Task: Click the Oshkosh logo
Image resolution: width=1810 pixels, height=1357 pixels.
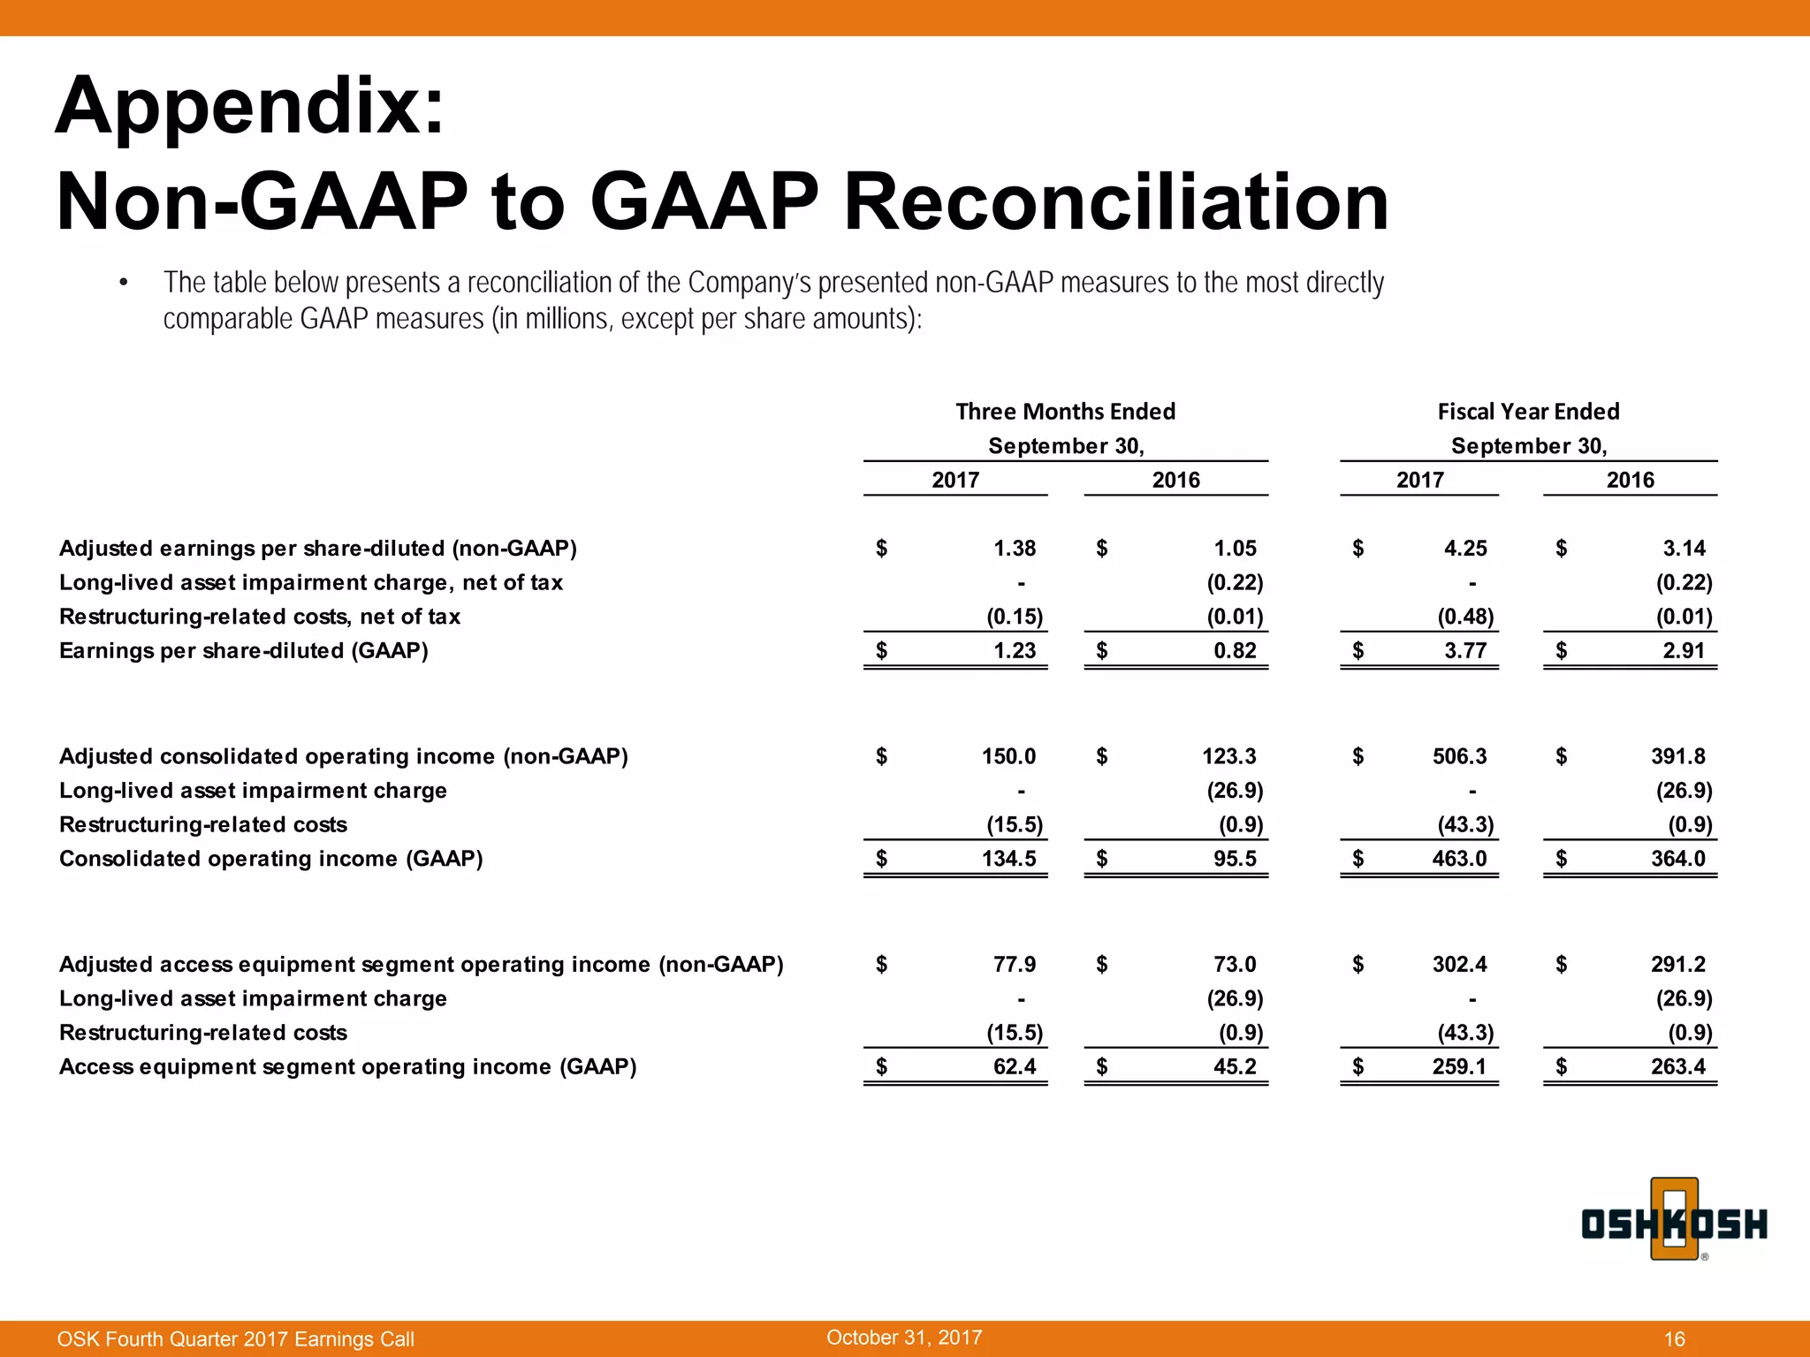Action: (1673, 1223)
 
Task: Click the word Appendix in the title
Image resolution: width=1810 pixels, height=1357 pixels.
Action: (250, 106)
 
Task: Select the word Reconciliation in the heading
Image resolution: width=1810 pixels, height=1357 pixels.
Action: (1116, 202)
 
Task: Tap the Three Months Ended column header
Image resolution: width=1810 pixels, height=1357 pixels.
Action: (1065, 412)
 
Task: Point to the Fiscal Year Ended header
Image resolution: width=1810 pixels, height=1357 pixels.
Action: (1528, 412)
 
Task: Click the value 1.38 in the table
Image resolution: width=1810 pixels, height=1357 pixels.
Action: (1014, 549)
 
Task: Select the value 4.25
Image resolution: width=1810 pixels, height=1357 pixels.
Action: (1464, 549)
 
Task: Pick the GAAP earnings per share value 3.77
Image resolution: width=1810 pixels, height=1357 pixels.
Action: (1464, 651)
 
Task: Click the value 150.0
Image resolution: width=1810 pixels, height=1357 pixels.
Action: (1008, 756)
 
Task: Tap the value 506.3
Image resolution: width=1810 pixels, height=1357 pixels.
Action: (1459, 756)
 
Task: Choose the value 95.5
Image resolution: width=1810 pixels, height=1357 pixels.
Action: (1235, 859)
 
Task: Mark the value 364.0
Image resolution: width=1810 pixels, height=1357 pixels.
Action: (1678, 859)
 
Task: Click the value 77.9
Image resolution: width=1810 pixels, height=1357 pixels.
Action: (1014, 964)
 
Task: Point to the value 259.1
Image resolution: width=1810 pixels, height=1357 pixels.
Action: (1459, 1066)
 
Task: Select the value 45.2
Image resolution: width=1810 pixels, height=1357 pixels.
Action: (1235, 1066)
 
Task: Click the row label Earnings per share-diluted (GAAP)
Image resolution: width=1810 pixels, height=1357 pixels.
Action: (243, 651)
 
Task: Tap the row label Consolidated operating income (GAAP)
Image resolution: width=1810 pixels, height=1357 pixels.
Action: (270, 859)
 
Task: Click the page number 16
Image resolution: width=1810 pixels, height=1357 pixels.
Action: (1674, 1339)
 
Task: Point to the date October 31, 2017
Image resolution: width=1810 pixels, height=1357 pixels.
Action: (904, 1338)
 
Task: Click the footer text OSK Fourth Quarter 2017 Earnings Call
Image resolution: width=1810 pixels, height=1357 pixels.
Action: (235, 1339)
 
